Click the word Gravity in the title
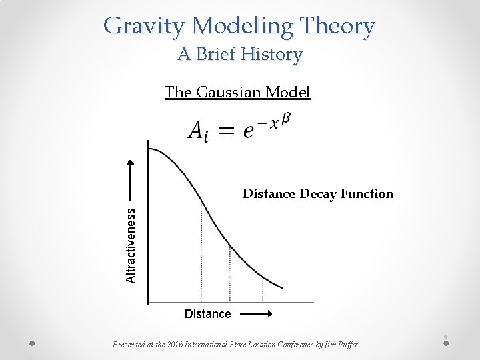145,27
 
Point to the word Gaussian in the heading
229,93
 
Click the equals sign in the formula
227,131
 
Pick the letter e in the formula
248,131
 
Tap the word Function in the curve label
367,194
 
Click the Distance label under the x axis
207,314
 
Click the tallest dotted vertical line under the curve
201,253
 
